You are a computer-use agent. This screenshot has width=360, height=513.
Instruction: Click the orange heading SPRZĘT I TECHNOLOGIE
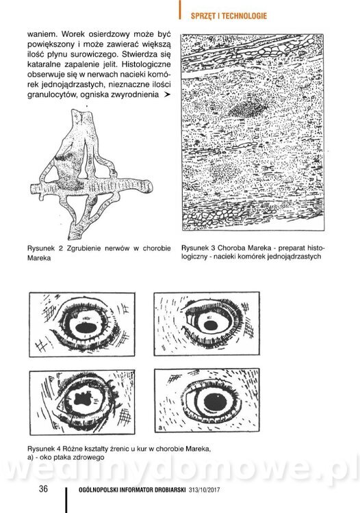[x=229, y=16]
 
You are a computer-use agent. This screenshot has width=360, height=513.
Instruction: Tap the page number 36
[x=43, y=488]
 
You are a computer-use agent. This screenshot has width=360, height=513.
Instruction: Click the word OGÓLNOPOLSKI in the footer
[x=98, y=490]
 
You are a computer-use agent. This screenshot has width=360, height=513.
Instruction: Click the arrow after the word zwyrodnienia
[x=167, y=94]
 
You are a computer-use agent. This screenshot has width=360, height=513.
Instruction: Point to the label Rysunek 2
[x=45, y=248]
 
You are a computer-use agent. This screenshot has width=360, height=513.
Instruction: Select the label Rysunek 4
[x=45, y=449]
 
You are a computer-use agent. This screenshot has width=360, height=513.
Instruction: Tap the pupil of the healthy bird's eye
[x=215, y=401]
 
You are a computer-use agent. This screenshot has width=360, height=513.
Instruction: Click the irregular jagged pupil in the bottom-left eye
[x=84, y=399]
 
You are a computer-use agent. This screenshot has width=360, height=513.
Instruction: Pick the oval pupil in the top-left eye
[x=86, y=328]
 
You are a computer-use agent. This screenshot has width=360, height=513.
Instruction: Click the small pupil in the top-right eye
[x=211, y=325]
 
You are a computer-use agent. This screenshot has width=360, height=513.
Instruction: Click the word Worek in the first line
[x=72, y=34]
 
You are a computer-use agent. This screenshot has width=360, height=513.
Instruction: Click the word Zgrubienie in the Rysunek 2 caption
[x=83, y=248]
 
